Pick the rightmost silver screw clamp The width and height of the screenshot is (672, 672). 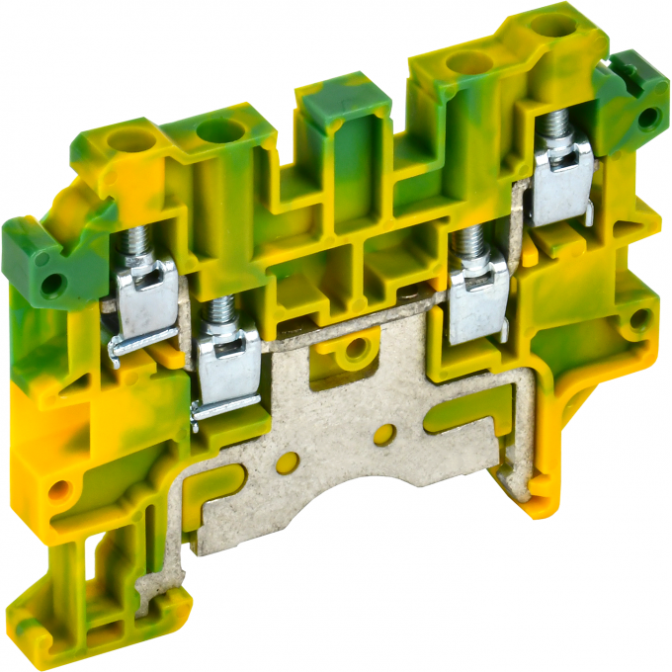click(x=561, y=178)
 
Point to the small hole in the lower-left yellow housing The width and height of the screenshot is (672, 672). click(x=62, y=487)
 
